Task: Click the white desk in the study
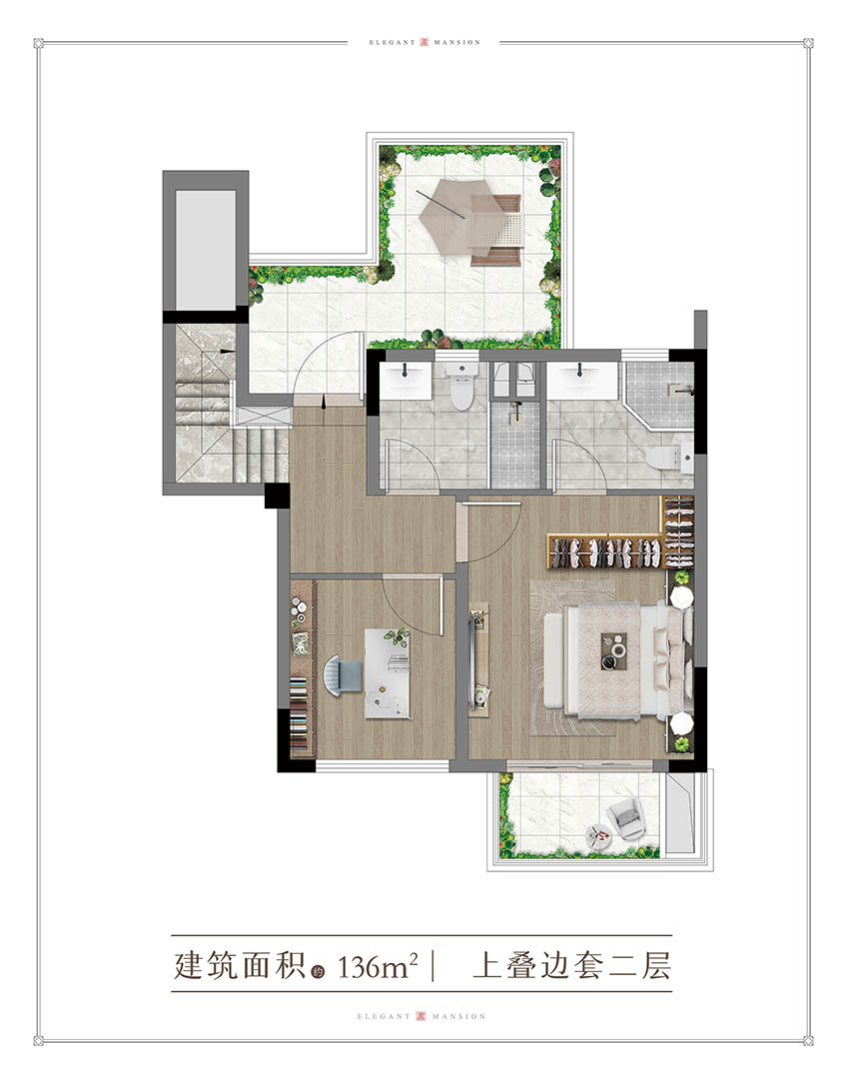click(388, 673)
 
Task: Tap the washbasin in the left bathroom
click(404, 380)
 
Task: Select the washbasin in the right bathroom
click(582, 380)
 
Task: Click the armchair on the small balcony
click(627, 818)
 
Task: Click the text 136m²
click(378, 965)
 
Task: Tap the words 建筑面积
click(240, 965)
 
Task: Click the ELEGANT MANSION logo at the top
click(423, 43)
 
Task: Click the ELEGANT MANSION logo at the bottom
click(422, 1016)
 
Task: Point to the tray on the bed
click(613, 650)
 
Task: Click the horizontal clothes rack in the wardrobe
click(605, 551)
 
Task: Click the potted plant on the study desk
click(397, 637)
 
